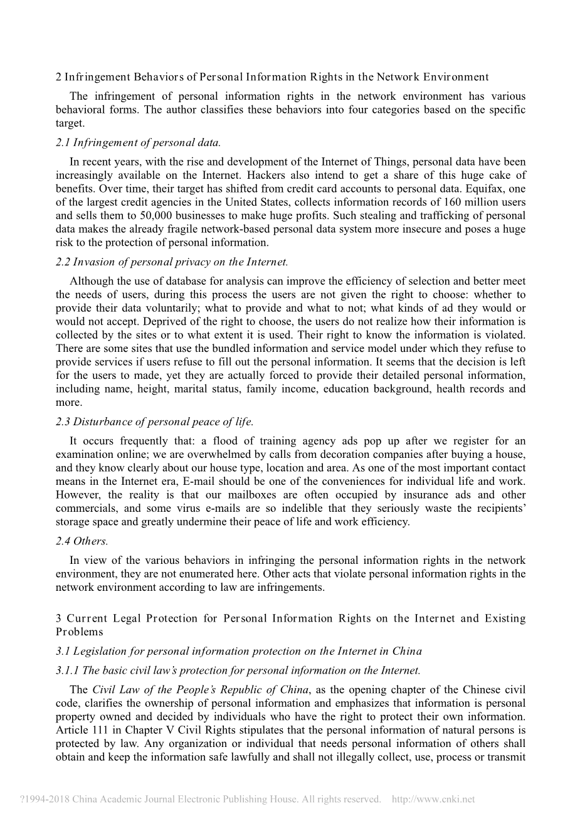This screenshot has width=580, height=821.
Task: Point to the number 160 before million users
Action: (452, 202)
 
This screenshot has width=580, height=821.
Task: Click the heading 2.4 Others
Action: (82, 541)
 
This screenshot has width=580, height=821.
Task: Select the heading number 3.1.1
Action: (67, 671)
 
